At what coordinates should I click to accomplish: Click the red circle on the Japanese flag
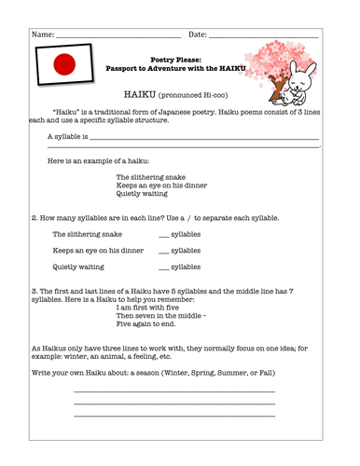[x=64, y=64]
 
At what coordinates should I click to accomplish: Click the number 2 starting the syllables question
[x=34, y=218]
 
